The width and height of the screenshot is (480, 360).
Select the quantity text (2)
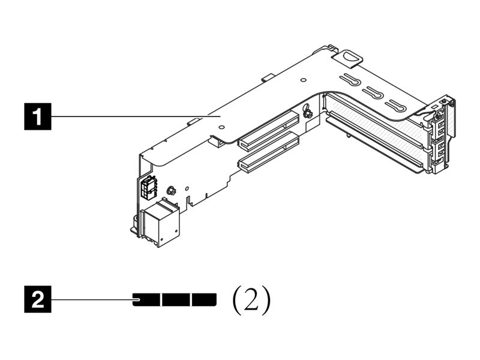(251, 299)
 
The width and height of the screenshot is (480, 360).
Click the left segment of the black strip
(146, 299)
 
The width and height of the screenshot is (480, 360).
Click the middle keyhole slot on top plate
(373, 93)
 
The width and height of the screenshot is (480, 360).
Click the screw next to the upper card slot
(307, 113)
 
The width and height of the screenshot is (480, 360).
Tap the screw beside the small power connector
(170, 191)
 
